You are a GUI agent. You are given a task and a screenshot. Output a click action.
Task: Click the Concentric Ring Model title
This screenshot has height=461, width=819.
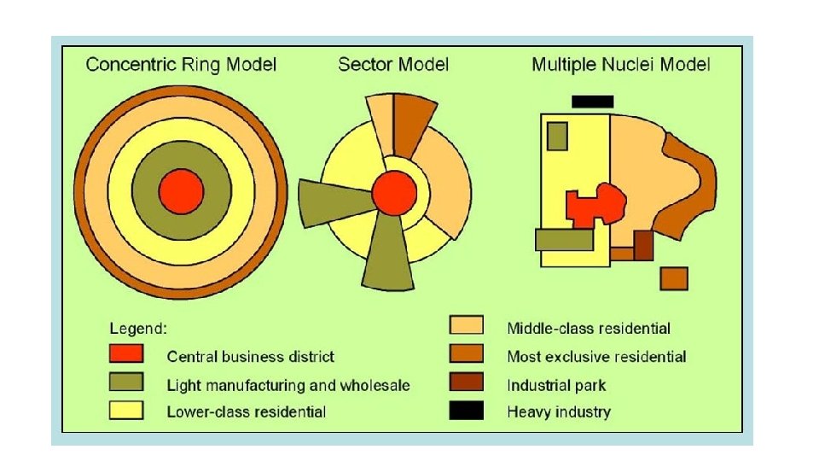pyautogui.click(x=181, y=65)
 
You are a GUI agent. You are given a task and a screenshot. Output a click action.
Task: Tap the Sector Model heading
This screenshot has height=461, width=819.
pyautogui.click(x=393, y=65)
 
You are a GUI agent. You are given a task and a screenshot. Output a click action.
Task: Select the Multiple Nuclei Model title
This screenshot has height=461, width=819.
pyautogui.click(x=621, y=65)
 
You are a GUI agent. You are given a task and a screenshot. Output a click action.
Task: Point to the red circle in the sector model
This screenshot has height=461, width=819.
pyautogui.click(x=393, y=193)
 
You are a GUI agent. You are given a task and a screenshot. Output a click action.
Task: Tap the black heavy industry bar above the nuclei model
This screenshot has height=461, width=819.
pyautogui.click(x=592, y=102)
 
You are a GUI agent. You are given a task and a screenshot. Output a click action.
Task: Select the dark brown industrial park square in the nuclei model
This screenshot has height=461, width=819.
pyautogui.click(x=643, y=245)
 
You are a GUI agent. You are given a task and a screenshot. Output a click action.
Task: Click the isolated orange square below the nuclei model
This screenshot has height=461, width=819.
pyautogui.click(x=674, y=278)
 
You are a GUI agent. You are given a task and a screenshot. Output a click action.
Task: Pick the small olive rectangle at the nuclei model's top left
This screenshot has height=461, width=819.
pyautogui.click(x=557, y=136)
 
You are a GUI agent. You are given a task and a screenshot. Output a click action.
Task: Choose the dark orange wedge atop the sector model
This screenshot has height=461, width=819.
pyautogui.click(x=413, y=122)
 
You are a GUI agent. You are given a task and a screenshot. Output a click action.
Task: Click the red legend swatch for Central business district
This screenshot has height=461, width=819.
pyautogui.click(x=125, y=355)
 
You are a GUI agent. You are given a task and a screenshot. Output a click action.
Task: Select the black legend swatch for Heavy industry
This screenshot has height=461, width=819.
pyautogui.click(x=466, y=411)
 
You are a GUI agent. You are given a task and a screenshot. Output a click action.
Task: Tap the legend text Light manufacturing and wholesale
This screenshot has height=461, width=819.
pyautogui.click(x=288, y=385)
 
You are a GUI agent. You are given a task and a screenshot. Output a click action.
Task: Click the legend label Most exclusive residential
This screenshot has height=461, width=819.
pyautogui.click(x=596, y=356)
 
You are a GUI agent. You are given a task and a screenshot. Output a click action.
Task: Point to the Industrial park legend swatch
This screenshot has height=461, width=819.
pyautogui.click(x=466, y=382)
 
